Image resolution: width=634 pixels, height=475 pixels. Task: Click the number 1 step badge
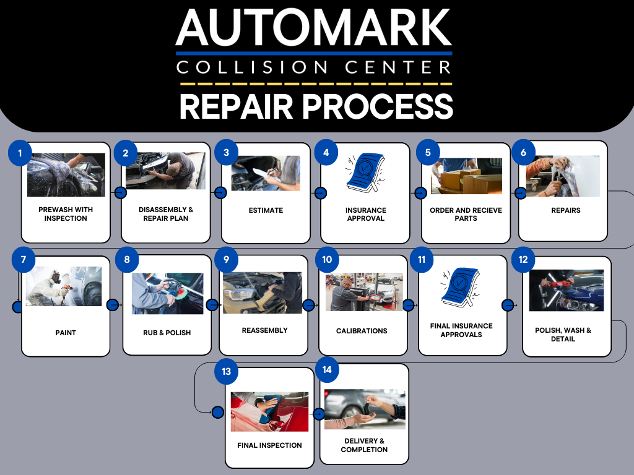coord(20,153)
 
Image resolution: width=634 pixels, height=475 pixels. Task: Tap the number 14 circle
coord(327,370)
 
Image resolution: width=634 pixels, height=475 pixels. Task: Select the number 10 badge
coord(327,259)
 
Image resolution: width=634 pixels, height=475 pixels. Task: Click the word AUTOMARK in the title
coord(314,27)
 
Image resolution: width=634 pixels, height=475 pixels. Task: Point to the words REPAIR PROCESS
coord(316,106)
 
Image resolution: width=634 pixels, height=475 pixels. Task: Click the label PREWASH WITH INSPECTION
coord(66,214)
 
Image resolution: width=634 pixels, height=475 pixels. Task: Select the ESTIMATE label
coord(266,210)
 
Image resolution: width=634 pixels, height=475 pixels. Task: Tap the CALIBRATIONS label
coord(362,331)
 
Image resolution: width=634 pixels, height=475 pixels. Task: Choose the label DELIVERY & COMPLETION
coord(364,445)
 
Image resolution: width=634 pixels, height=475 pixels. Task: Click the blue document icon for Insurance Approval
coord(365,172)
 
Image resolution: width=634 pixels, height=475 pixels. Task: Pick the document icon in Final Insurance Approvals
coord(460,287)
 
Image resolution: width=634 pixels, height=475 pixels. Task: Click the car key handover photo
coord(365,409)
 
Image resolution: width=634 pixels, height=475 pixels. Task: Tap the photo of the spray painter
coord(64,286)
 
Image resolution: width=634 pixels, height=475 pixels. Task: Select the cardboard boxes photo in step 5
coord(466,176)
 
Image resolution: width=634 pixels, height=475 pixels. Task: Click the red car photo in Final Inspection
coord(269,411)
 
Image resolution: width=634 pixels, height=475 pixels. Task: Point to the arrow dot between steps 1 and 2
coord(121,193)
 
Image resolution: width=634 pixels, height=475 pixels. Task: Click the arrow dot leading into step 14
coord(319,414)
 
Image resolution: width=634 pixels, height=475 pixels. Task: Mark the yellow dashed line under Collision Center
coord(316,84)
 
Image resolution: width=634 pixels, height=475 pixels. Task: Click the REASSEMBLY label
coord(264,330)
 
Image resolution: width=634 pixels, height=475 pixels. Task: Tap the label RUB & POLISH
coord(167,333)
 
